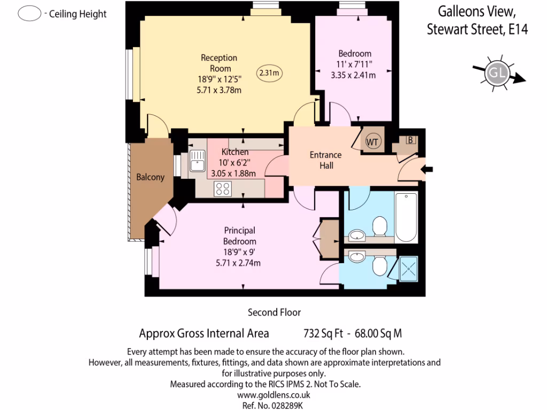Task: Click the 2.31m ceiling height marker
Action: pos(270,72)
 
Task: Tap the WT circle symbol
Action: pos(372,142)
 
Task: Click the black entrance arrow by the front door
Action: pos(428,170)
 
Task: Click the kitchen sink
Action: pos(197,161)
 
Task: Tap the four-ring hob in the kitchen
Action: pos(222,188)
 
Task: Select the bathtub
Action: pos(406,217)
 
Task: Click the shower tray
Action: pos(408,269)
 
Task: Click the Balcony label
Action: pos(150,177)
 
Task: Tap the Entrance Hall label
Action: pos(326,160)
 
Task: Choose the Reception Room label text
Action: pos(219,63)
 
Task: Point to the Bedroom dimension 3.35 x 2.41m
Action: pos(353,75)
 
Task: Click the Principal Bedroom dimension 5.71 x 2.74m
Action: pos(238,263)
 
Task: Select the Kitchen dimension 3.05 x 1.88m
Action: pos(233,173)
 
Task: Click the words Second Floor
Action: pos(274,312)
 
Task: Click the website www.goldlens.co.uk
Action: pos(273,396)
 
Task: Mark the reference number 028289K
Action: pos(288,406)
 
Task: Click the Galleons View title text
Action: pos(477,11)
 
